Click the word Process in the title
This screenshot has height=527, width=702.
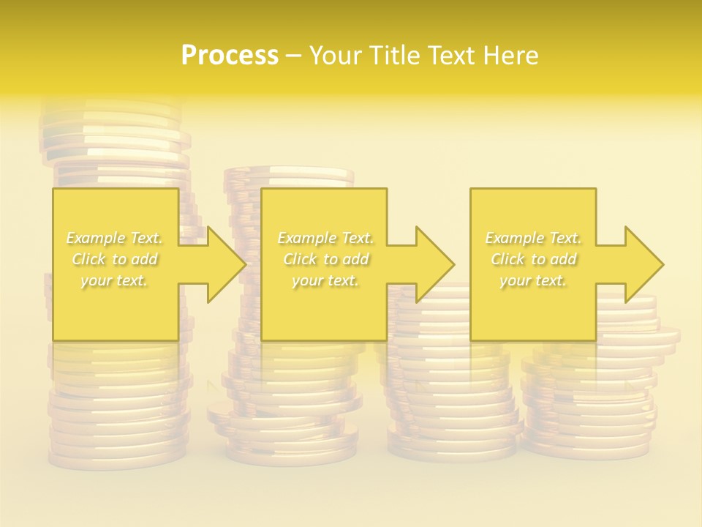tap(230, 55)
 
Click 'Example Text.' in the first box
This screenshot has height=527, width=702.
tap(115, 238)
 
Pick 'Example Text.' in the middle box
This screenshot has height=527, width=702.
tap(325, 238)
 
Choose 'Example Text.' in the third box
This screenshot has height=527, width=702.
tap(533, 238)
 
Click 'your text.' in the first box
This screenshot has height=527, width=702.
tap(115, 280)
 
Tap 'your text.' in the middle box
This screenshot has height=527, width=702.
tap(325, 280)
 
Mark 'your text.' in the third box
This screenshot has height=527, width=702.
tap(533, 280)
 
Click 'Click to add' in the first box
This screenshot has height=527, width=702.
tap(115, 259)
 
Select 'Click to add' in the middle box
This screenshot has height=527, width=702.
tap(325, 259)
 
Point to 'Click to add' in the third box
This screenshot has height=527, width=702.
tap(533, 259)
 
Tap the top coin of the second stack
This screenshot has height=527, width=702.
tap(289, 174)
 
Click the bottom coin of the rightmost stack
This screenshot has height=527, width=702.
tap(585, 448)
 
